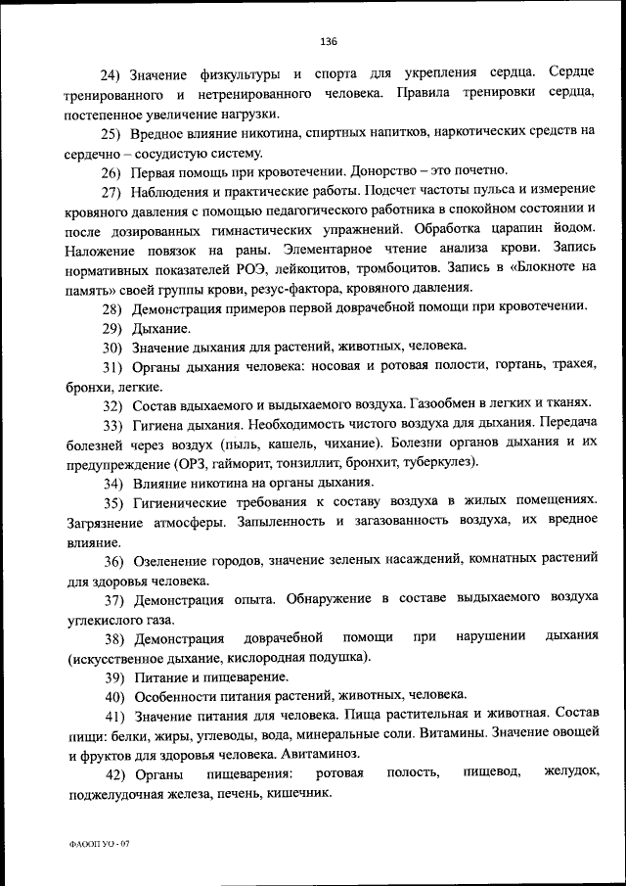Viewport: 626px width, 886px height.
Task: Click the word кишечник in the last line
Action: tap(298, 793)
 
